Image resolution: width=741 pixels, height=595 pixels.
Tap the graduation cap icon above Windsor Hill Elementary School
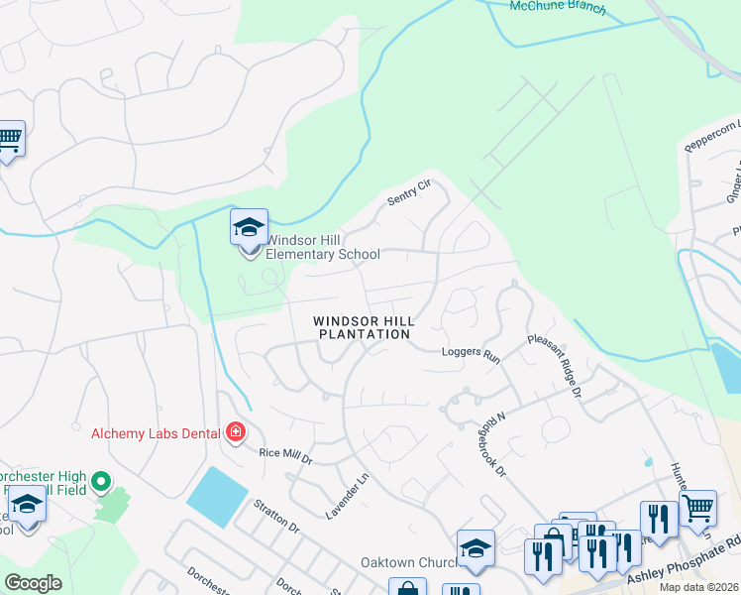[x=249, y=227]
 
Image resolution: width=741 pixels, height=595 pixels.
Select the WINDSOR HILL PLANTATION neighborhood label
[x=364, y=327]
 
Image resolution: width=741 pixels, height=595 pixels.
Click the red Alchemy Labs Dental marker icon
[x=236, y=432]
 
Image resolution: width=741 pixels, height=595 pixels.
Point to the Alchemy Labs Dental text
[x=156, y=432]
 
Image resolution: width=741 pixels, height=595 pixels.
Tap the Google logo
[x=34, y=582]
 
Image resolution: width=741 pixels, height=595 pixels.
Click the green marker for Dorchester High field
[x=100, y=483]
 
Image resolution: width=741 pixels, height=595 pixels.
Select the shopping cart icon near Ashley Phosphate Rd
[x=698, y=508]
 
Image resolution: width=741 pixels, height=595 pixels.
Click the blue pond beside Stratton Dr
[x=217, y=497]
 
